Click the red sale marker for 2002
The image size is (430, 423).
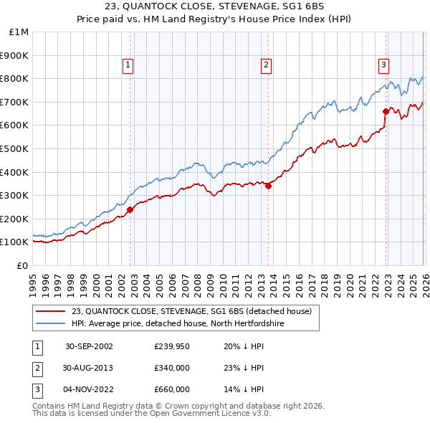click(x=130, y=210)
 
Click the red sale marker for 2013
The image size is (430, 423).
click(x=268, y=186)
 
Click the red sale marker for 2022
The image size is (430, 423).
click(x=385, y=111)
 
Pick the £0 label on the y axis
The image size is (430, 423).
click(x=22, y=265)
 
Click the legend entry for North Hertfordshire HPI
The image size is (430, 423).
click(x=188, y=323)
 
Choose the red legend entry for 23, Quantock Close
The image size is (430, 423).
click(x=191, y=311)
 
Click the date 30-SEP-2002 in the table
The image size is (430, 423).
click(x=89, y=346)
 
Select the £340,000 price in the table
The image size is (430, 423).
click(x=172, y=368)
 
